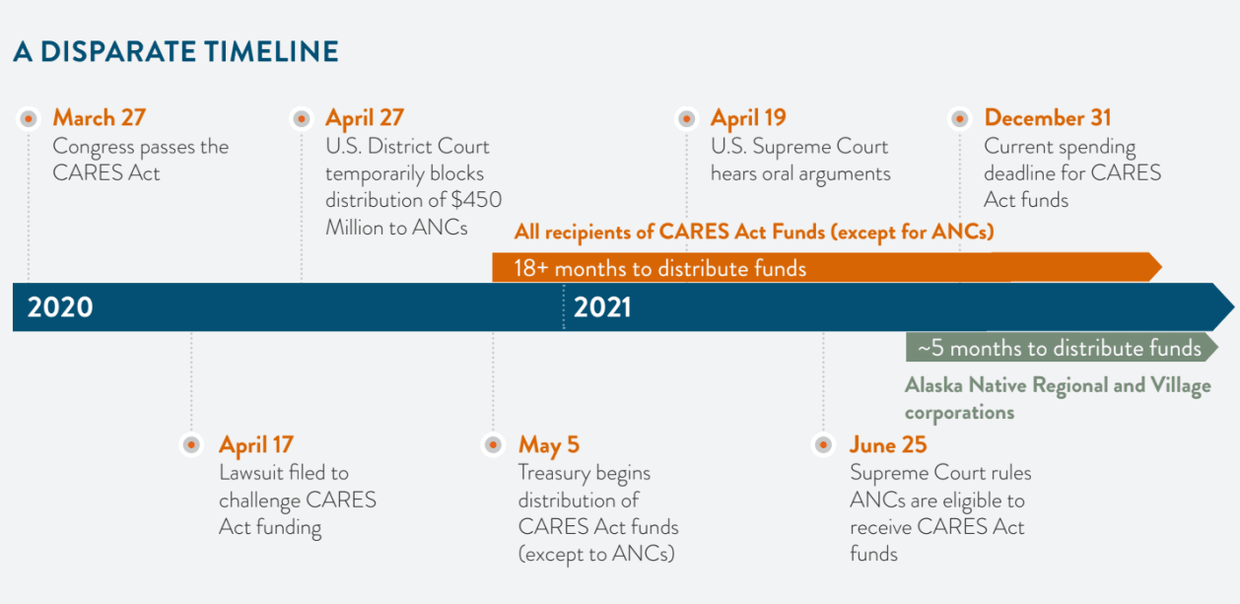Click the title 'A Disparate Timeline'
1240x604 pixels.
[175, 51]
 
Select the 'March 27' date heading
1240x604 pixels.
[100, 117]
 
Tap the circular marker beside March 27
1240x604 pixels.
[29, 118]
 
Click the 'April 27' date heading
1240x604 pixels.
[365, 118]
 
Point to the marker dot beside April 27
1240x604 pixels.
[302, 118]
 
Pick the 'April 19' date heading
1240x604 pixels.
[748, 118]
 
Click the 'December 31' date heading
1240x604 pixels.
[1048, 117]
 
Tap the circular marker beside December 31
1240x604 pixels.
[960, 118]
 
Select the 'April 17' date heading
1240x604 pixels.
[256, 444]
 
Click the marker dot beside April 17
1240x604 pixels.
[191, 444]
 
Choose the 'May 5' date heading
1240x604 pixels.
[549, 445]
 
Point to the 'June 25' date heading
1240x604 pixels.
[888, 444]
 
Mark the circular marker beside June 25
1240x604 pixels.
[824, 444]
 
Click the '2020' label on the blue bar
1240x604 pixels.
[60, 307]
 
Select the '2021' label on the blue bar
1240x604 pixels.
[602, 307]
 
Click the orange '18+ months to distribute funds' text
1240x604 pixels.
[659, 268]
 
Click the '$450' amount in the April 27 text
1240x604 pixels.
[477, 200]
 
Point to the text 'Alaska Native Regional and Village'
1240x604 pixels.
[1058, 385]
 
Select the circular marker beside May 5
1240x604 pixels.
[493, 444]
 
